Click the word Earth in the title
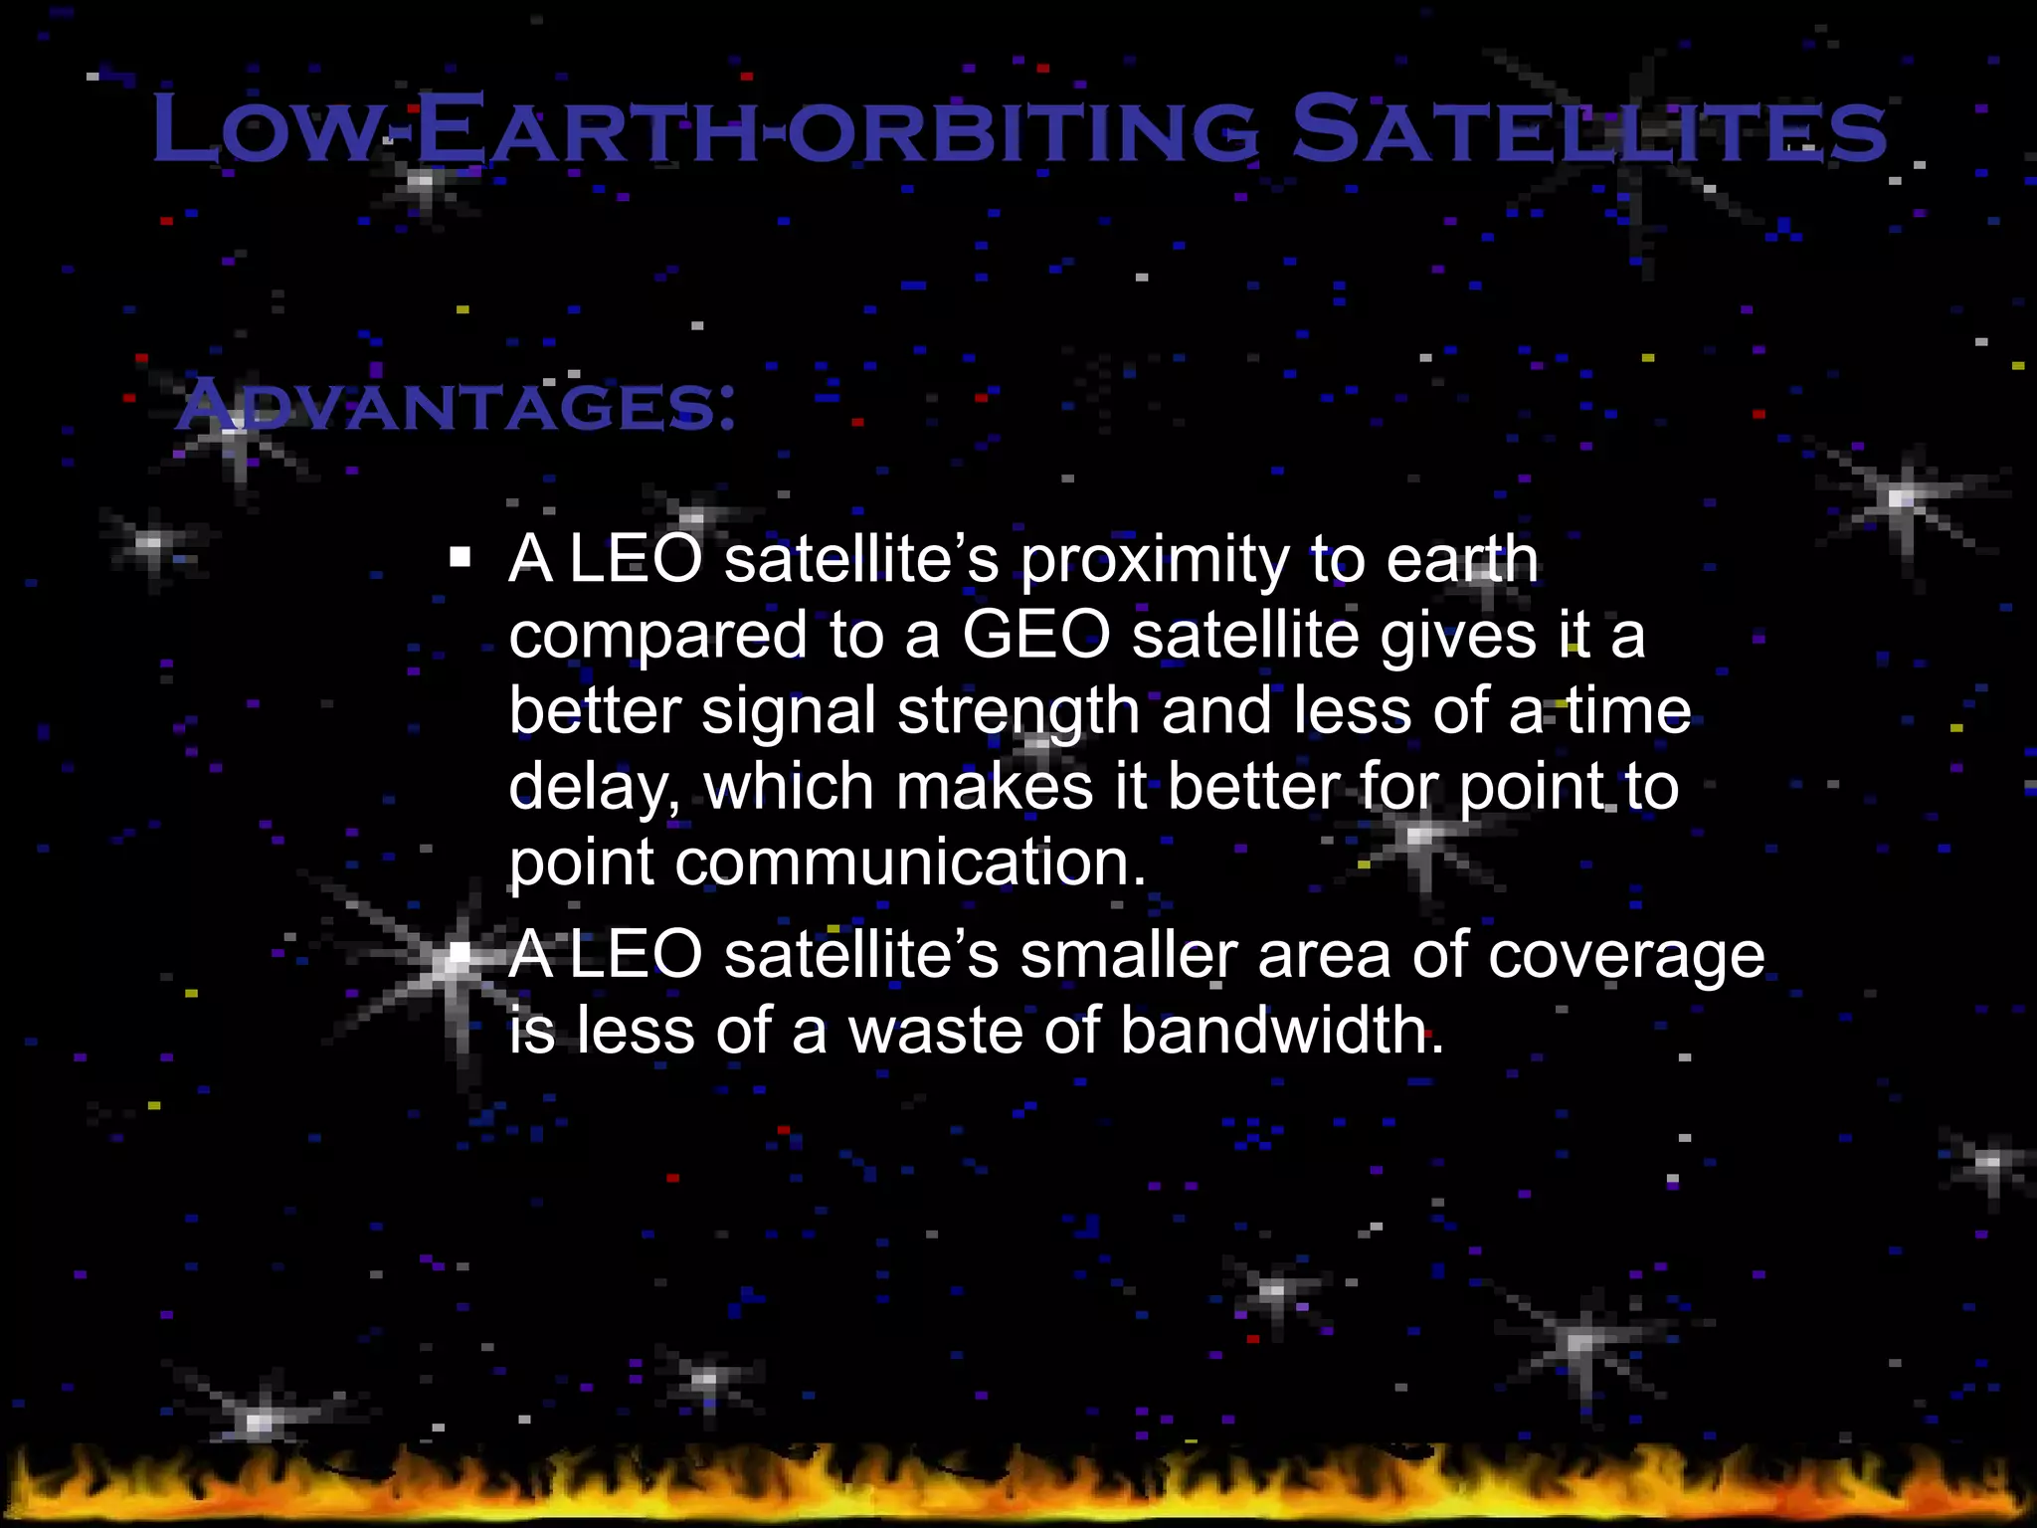coord(587,129)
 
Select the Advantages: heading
coord(456,406)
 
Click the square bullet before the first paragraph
coord(460,556)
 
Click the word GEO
coord(1034,635)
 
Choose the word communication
coord(910,861)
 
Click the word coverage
coord(1626,957)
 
